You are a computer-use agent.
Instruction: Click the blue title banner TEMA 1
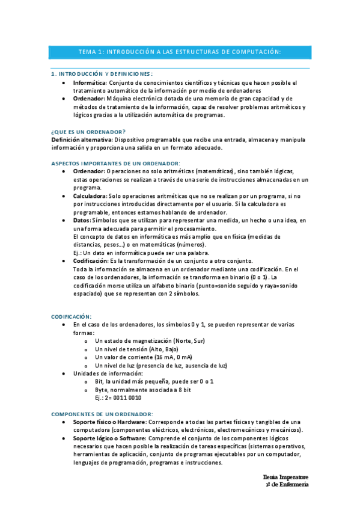click(x=180, y=52)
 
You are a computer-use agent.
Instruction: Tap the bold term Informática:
click(x=90, y=82)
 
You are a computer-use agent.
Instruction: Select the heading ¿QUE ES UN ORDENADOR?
click(x=88, y=131)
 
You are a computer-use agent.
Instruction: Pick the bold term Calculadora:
click(x=90, y=196)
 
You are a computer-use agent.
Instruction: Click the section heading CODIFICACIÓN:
click(x=72, y=315)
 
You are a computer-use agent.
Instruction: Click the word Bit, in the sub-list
click(x=100, y=381)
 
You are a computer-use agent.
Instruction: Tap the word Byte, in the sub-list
click(x=102, y=390)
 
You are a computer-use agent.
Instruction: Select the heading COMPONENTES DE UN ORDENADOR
click(x=102, y=414)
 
